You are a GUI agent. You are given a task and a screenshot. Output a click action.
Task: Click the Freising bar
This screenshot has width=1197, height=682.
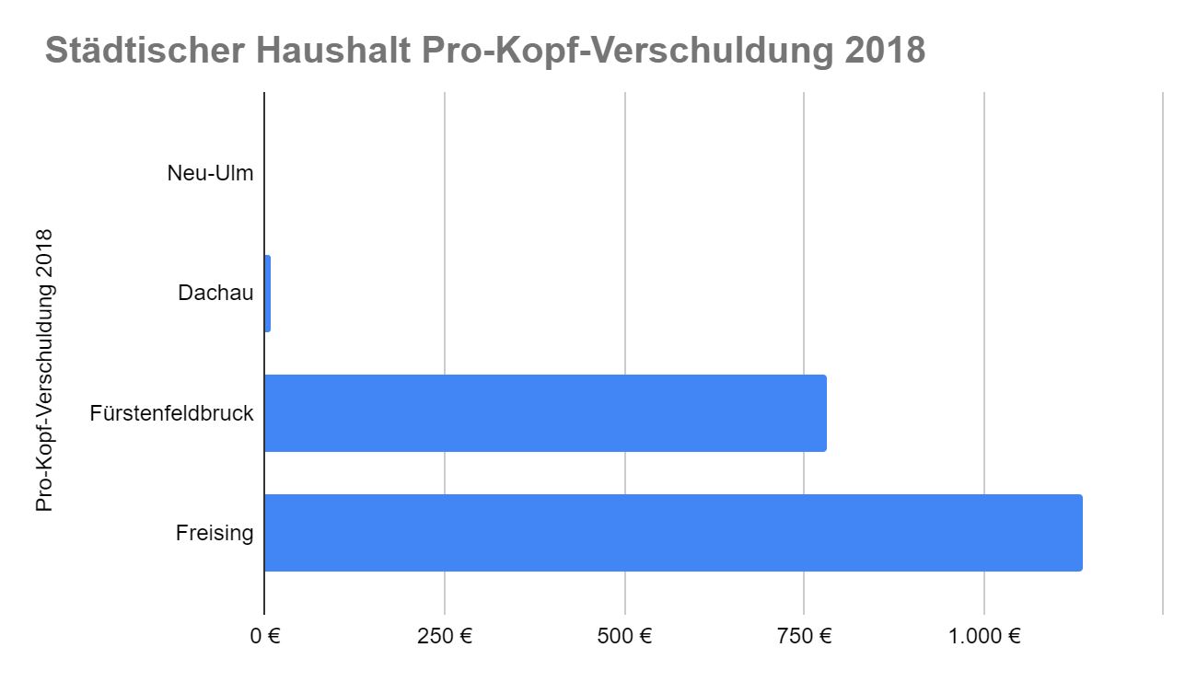(672, 533)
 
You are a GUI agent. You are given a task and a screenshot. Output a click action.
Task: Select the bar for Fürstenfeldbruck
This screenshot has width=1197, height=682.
(545, 413)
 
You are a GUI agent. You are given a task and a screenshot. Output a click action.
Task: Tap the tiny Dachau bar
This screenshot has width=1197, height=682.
(267, 294)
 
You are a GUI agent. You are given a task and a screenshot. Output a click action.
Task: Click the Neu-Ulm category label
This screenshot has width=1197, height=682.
(210, 173)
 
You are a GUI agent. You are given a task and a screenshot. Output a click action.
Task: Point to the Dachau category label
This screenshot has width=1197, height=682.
(215, 294)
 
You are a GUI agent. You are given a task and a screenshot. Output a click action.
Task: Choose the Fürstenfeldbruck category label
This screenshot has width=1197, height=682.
(171, 413)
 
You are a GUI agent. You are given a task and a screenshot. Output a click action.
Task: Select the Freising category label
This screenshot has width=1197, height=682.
(215, 533)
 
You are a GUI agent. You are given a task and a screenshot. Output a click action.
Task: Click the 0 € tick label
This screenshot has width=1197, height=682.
(266, 636)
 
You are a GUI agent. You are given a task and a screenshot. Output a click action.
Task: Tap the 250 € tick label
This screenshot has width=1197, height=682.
(445, 636)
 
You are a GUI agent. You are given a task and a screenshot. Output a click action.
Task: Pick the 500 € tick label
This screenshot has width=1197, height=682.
(624, 636)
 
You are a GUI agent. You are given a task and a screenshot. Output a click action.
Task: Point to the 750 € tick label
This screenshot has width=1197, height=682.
(804, 636)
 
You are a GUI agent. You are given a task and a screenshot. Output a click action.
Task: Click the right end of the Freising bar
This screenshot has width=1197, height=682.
(1079, 533)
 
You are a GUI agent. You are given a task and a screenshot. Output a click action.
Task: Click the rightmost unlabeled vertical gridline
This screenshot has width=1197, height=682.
(1163, 350)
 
